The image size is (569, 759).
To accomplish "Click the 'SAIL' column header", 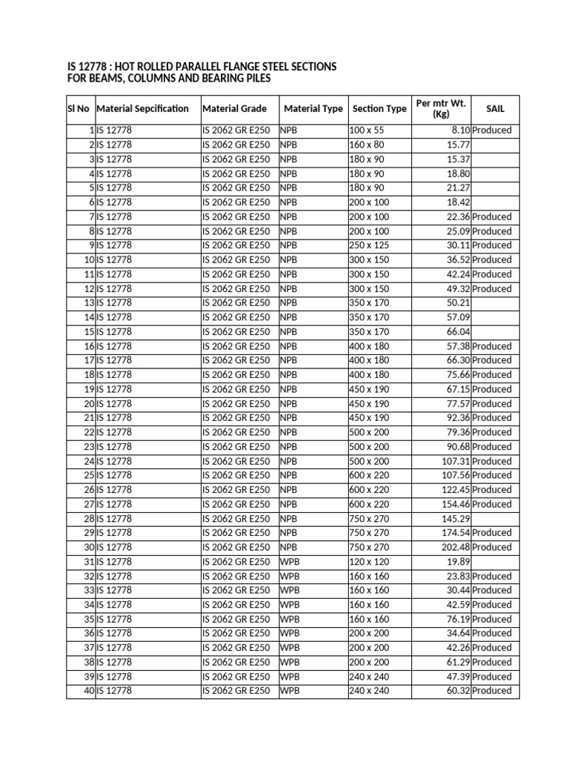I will click(x=495, y=109).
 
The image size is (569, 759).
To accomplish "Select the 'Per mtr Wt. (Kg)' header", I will click(x=441, y=109).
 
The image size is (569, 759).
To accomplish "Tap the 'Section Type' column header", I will click(x=379, y=109).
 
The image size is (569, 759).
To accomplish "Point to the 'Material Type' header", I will click(x=313, y=109).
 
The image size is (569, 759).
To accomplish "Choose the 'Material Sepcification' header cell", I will click(x=142, y=109).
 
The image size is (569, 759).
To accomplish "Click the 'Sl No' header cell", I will click(x=78, y=109).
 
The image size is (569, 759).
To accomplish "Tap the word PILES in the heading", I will click(x=253, y=79).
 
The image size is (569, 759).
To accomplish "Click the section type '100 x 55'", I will click(x=367, y=130).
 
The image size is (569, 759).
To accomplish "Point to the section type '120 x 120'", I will click(x=368, y=562).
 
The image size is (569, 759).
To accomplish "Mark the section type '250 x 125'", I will click(x=368, y=245).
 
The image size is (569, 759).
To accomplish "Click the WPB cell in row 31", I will click(x=290, y=562).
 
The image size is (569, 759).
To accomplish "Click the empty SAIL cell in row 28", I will click(x=495, y=519).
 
